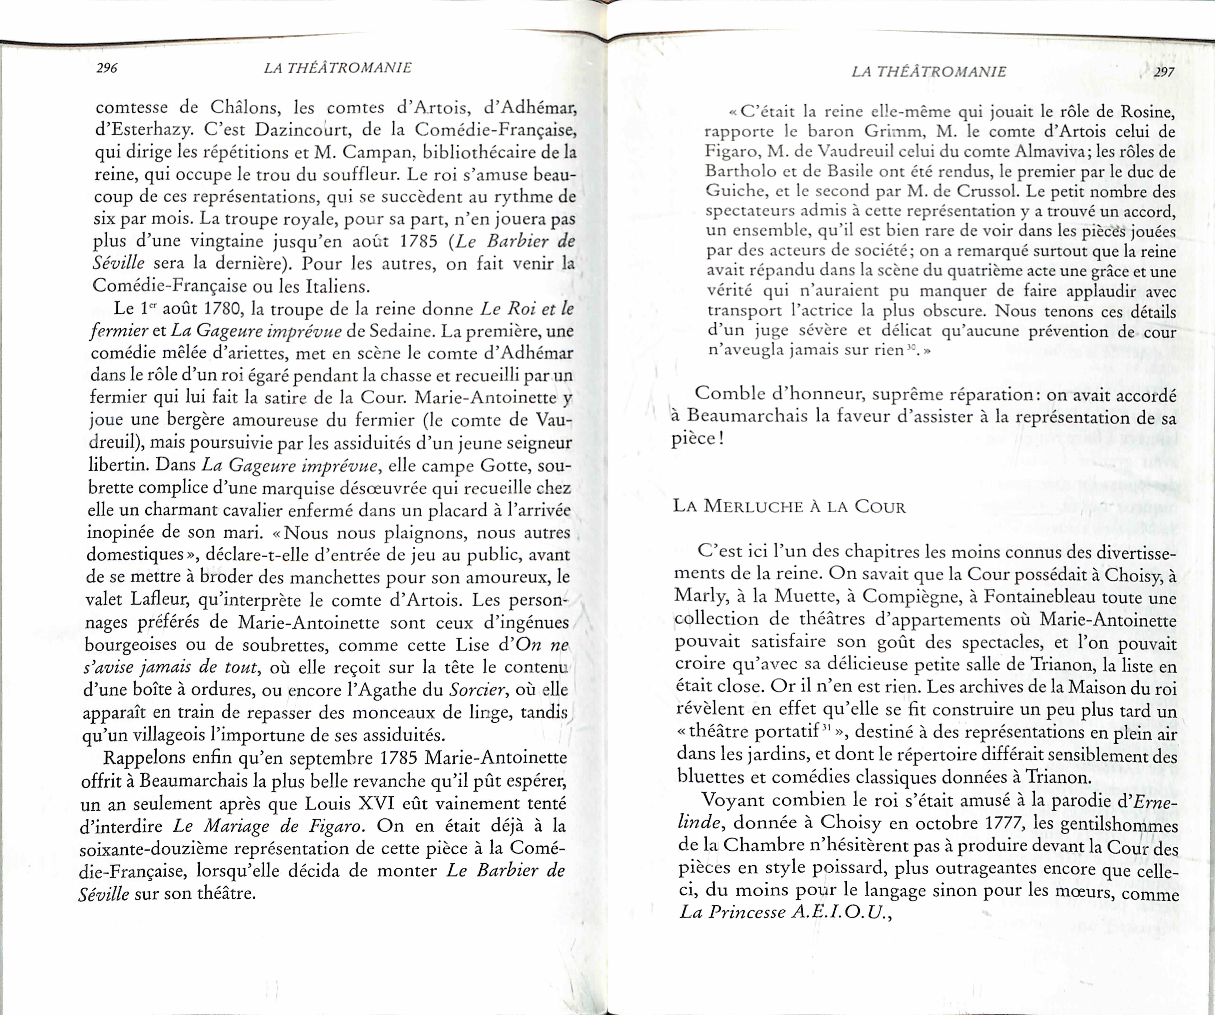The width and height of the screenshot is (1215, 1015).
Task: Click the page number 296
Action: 107,68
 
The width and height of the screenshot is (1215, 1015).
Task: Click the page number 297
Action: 1164,72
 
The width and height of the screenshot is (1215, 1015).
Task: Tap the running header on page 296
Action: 337,68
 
